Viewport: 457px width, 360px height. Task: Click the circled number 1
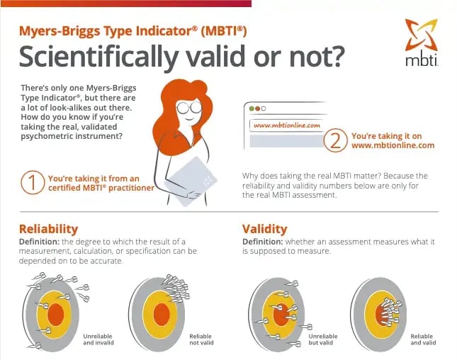tap(30, 182)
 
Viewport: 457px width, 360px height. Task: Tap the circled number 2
tap(335, 140)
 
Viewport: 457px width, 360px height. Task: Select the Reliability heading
tap(49, 229)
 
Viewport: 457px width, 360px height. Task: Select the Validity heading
tap(264, 229)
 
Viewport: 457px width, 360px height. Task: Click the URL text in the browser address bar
tap(286, 125)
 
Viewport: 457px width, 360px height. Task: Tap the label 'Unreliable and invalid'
tap(98, 339)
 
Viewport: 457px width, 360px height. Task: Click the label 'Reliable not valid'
tap(201, 339)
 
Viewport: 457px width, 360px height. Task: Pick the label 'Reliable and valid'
tap(422, 339)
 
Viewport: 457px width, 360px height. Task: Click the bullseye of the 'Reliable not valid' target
tap(161, 313)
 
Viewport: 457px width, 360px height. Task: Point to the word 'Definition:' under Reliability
tap(40, 242)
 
